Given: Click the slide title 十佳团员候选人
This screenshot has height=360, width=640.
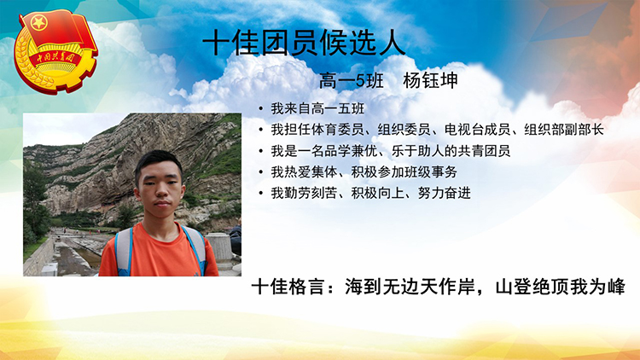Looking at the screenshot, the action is [304, 44].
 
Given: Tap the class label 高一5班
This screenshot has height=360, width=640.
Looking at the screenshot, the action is [351, 80].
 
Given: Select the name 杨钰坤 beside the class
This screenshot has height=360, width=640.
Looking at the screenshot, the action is [430, 80].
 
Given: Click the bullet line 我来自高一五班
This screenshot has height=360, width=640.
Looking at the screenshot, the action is [317, 108].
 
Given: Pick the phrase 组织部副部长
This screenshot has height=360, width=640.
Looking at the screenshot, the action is [564, 130].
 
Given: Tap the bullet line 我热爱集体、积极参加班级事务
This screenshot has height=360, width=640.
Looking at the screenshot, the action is [364, 172].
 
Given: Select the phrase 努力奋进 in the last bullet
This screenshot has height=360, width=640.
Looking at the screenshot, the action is [444, 193].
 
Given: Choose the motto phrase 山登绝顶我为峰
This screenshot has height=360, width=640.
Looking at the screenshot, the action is [560, 287].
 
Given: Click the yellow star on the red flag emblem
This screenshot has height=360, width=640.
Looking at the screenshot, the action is [39, 23].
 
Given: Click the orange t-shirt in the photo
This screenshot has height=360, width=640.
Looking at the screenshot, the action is [159, 253].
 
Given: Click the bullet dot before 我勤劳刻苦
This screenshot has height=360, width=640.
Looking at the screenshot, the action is [260, 193].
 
